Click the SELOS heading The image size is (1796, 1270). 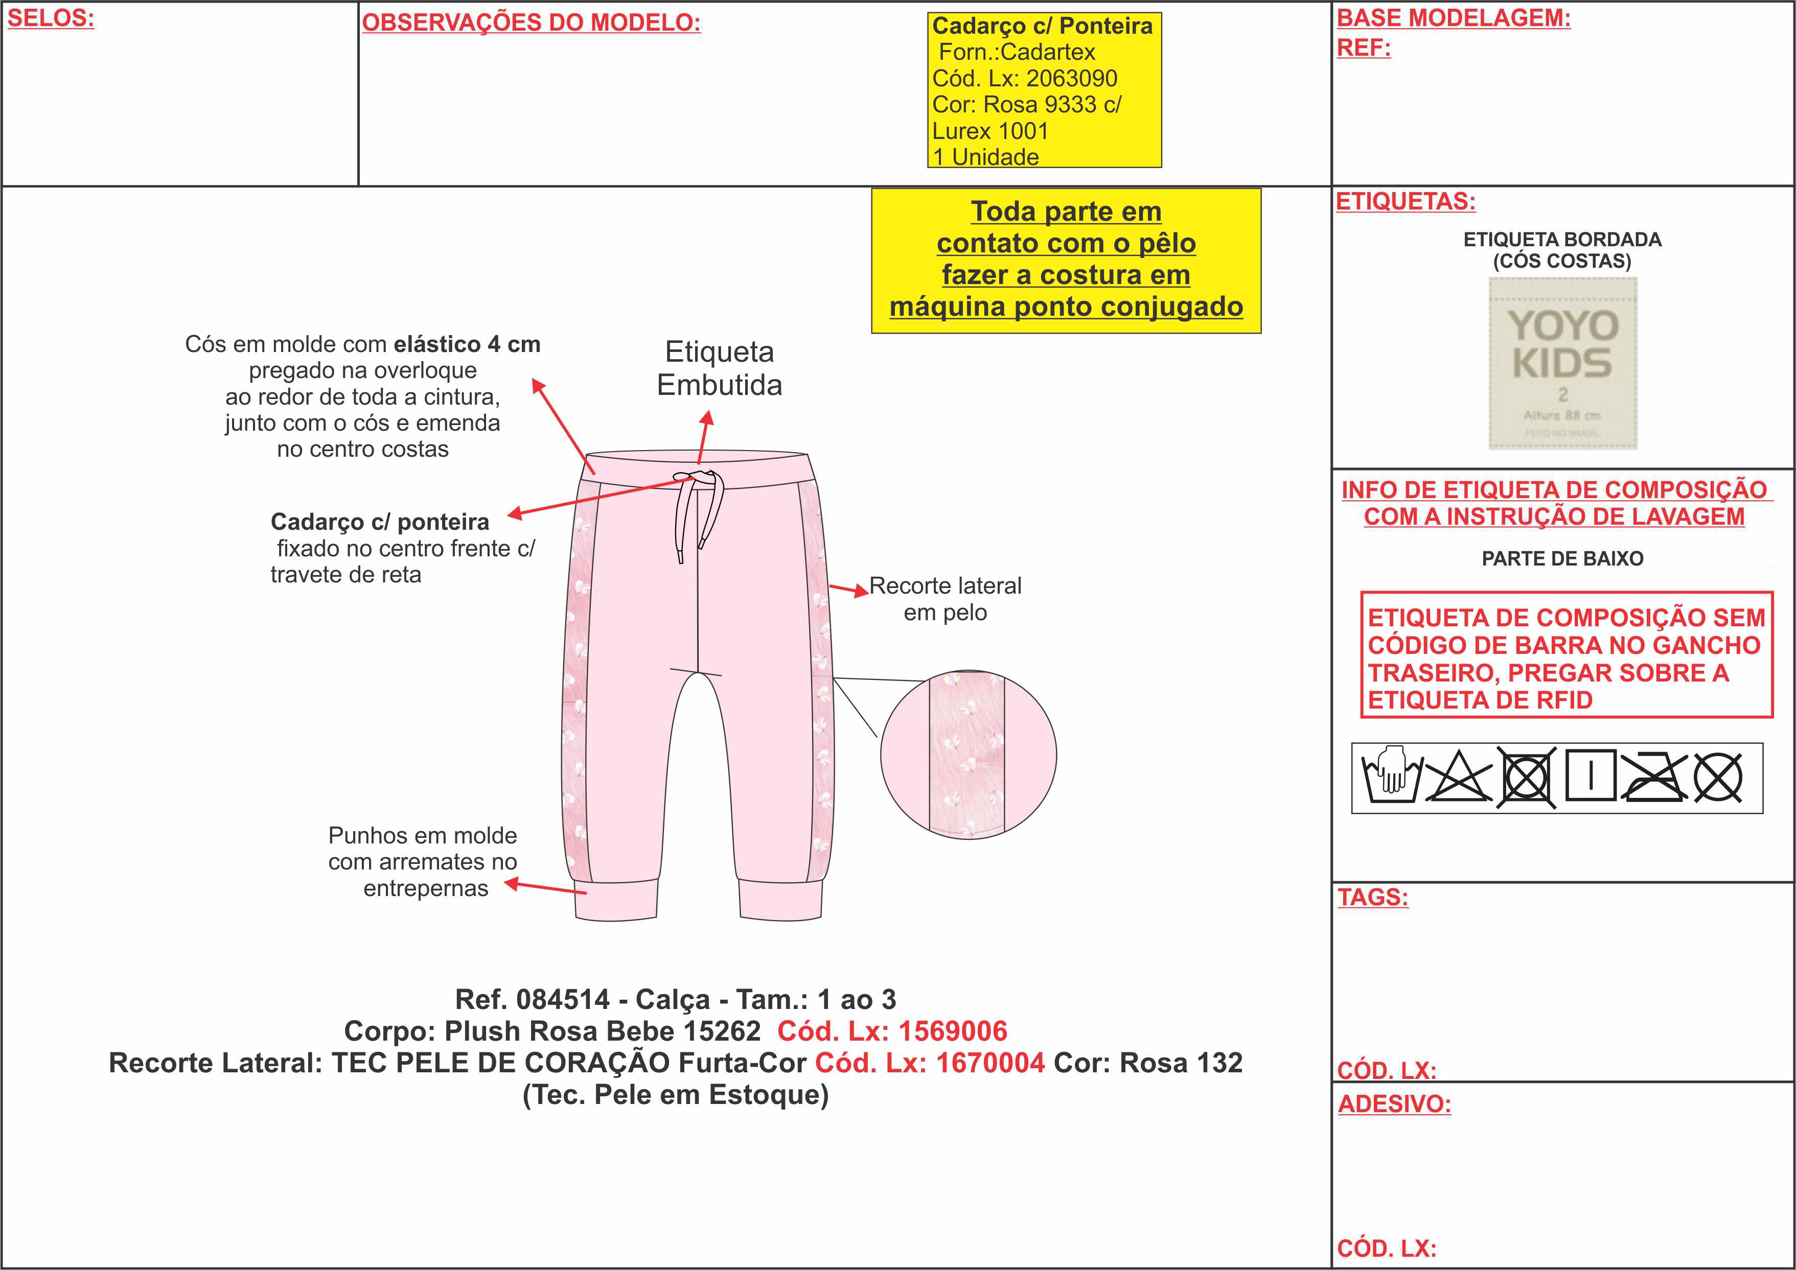tap(51, 19)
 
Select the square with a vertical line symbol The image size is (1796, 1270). tap(1590, 777)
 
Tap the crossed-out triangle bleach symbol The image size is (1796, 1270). tap(1457, 778)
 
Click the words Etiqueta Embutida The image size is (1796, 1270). tap(719, 368)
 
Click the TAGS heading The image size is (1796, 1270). tap(1373, 897)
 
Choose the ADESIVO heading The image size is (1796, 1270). tap(1394, 1104)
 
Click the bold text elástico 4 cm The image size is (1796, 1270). tap(467, 345)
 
